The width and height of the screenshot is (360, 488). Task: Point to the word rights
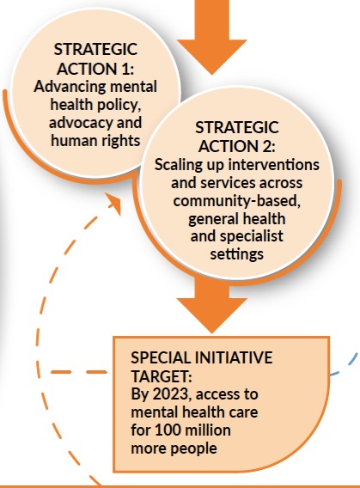click(122, 141)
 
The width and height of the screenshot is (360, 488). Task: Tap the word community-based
click(237, 201)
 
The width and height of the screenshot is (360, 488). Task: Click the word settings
click(237, 254)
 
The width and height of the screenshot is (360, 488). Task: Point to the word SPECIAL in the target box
click(160, 357)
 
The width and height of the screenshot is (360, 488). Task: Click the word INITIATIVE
click(234, 357)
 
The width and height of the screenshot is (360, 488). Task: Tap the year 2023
click(170, 394)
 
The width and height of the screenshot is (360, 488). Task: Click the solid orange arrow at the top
click(211, 36)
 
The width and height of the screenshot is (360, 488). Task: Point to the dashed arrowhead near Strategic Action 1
click(114, 203)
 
